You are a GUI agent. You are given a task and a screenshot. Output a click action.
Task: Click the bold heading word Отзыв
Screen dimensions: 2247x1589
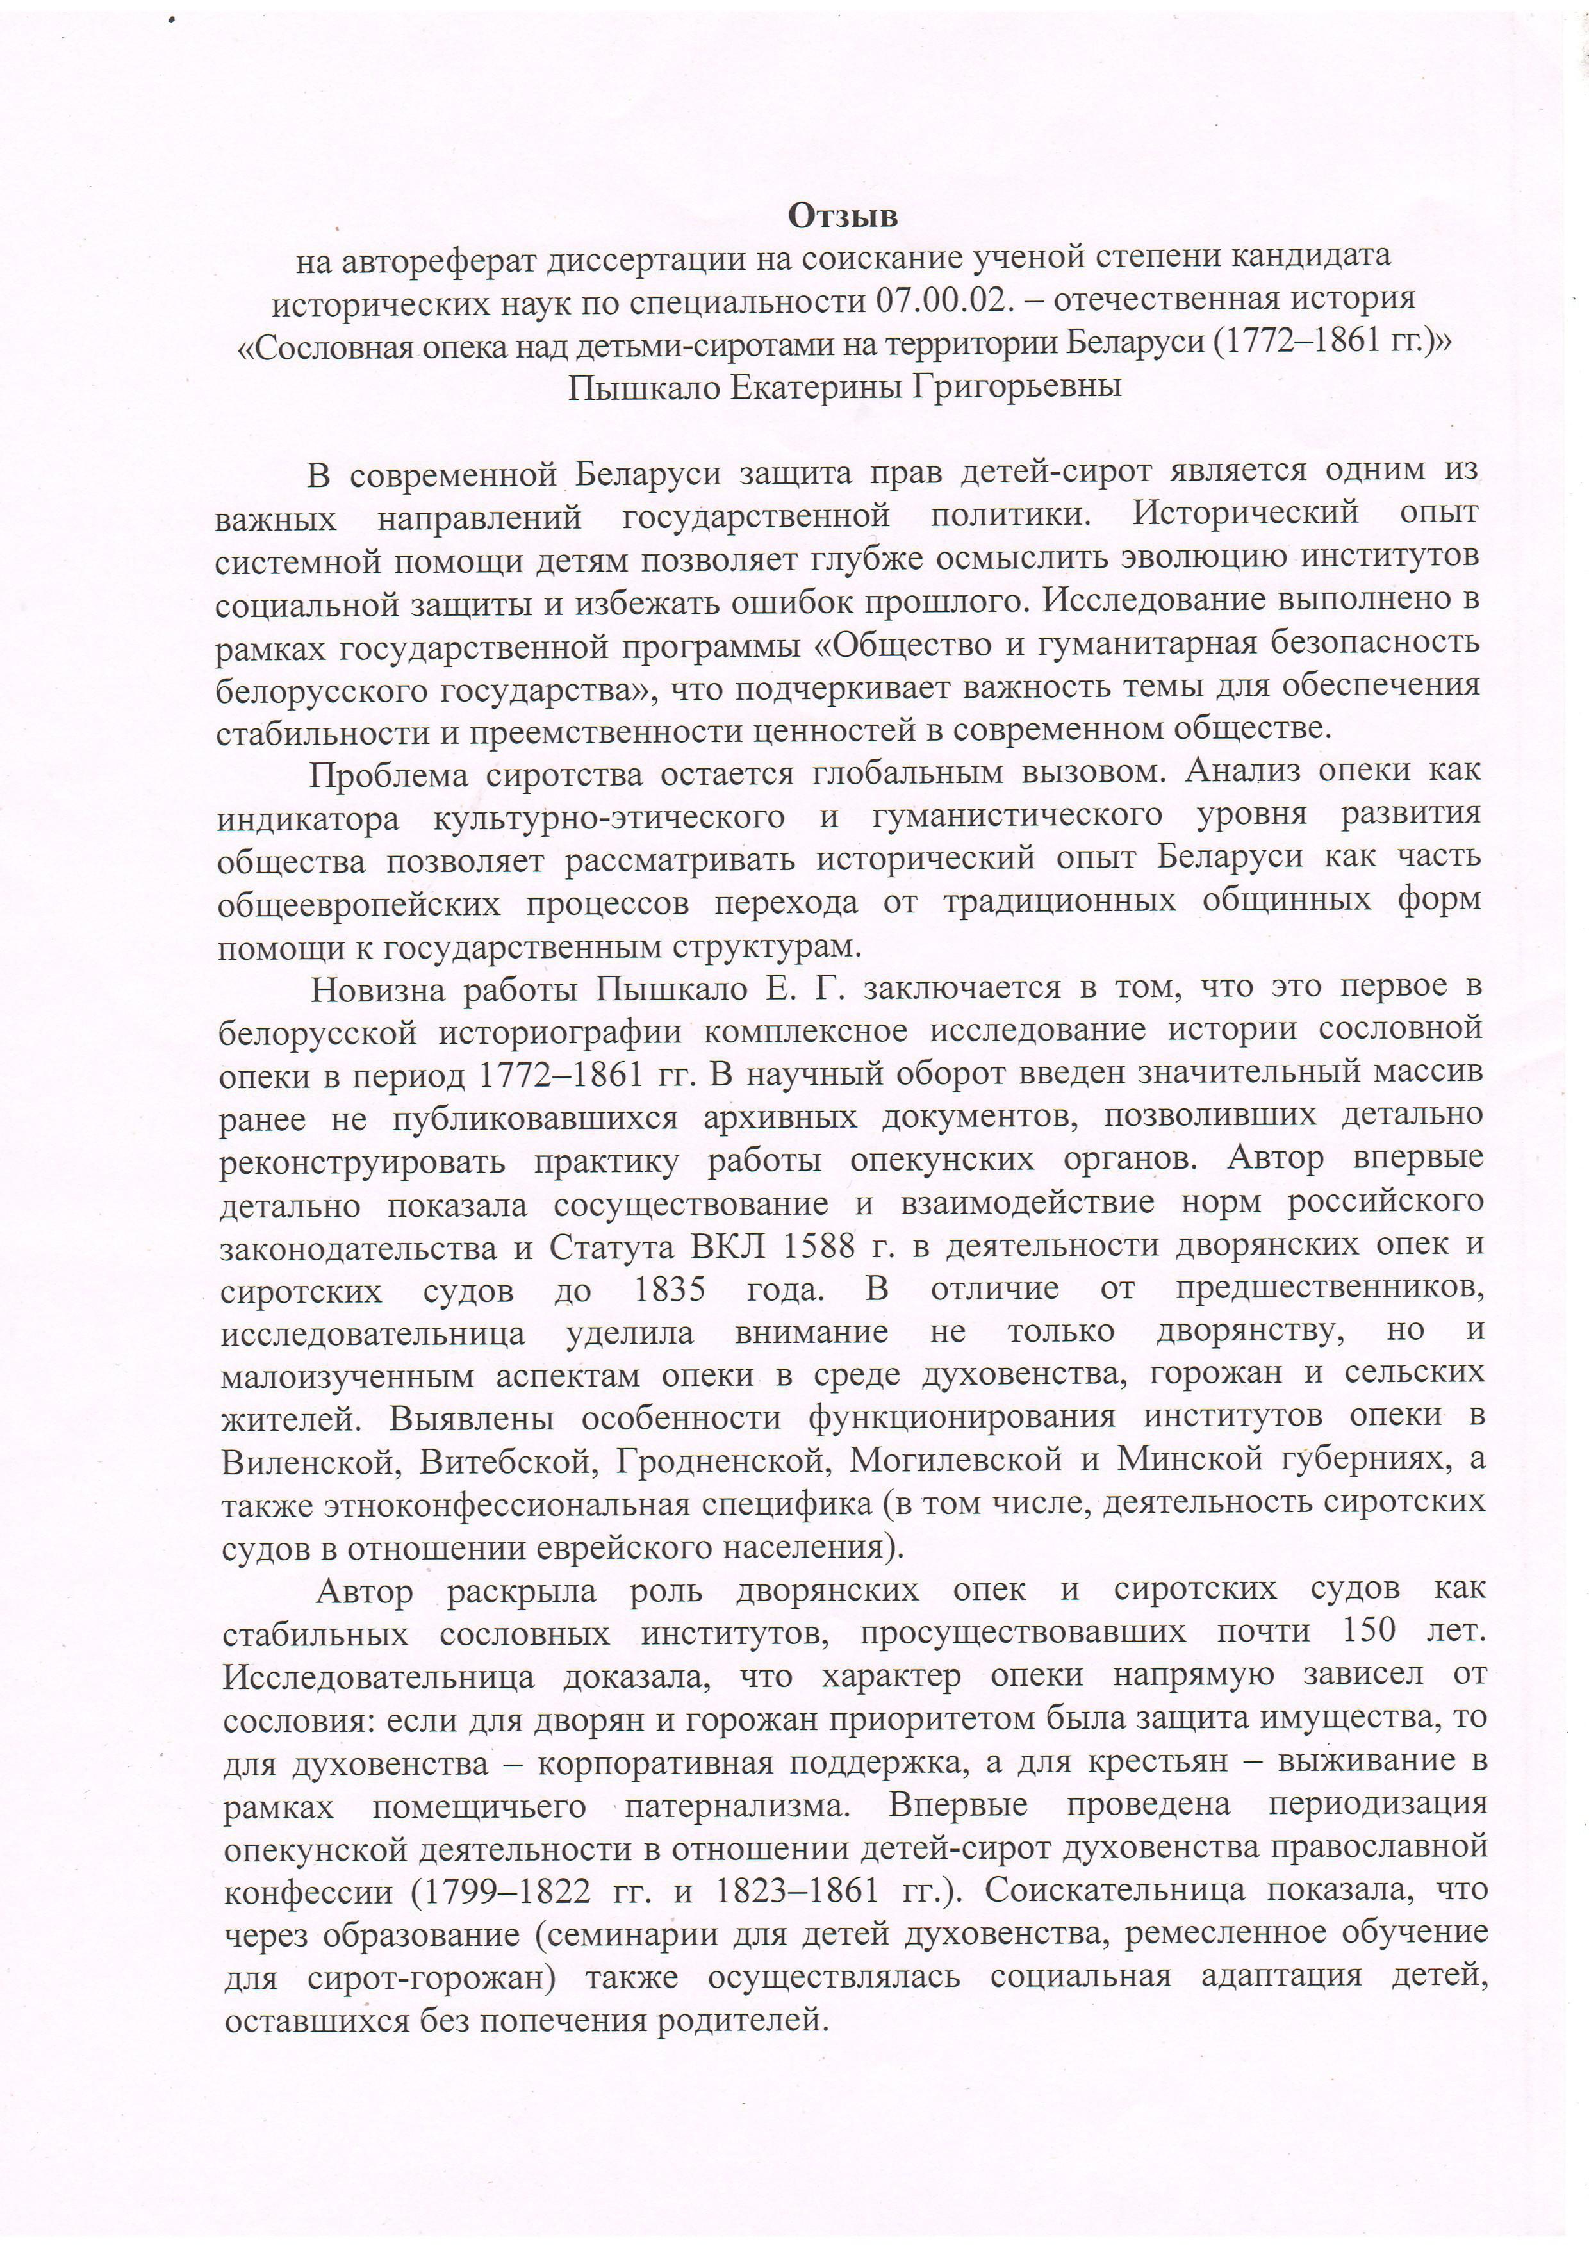coord(843,217)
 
